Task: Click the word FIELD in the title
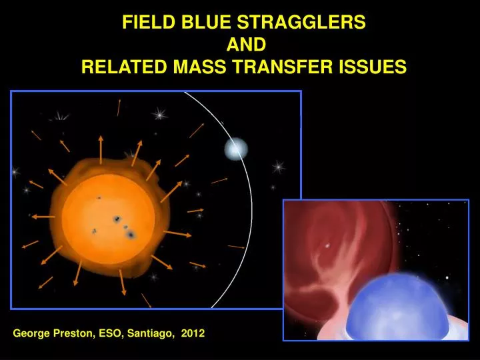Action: click(143, 23)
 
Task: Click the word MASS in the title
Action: click(185, 67)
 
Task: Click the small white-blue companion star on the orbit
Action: click(235, 149)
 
